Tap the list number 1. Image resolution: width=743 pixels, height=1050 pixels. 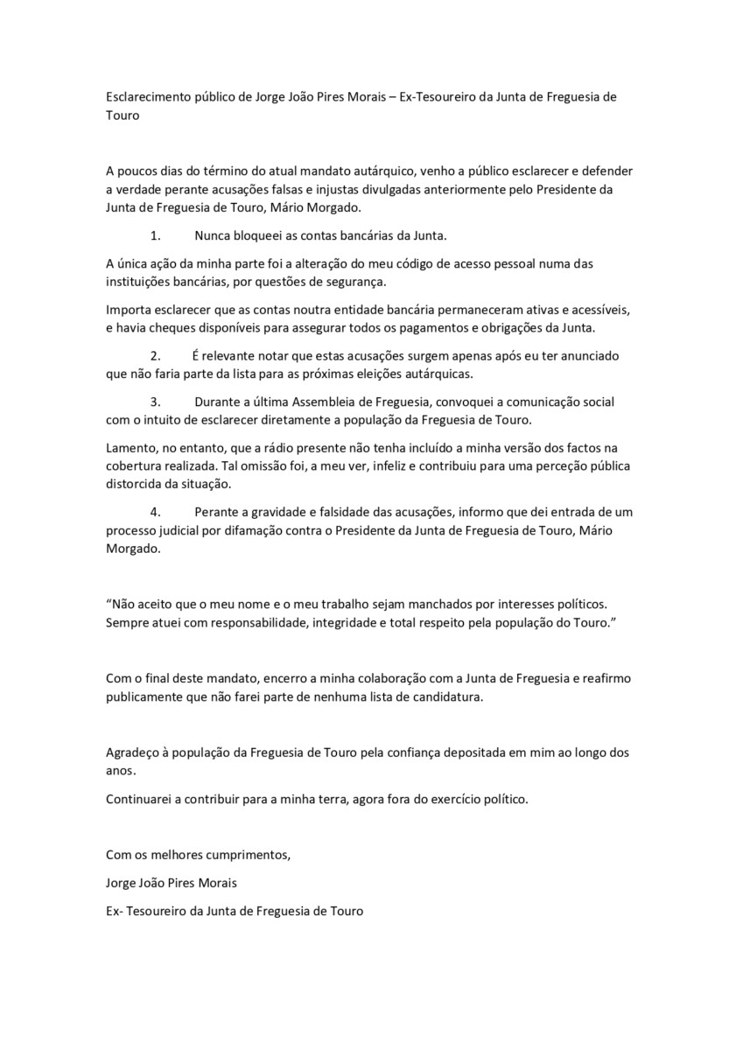156,236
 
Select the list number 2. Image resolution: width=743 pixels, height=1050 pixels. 156,355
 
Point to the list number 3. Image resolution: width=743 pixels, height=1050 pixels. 156,402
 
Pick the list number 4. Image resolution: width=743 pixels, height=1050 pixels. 156,511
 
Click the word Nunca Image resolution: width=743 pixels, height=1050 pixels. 213,236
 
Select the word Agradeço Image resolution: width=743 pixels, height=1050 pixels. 135,752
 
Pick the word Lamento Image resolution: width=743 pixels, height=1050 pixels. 131,448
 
